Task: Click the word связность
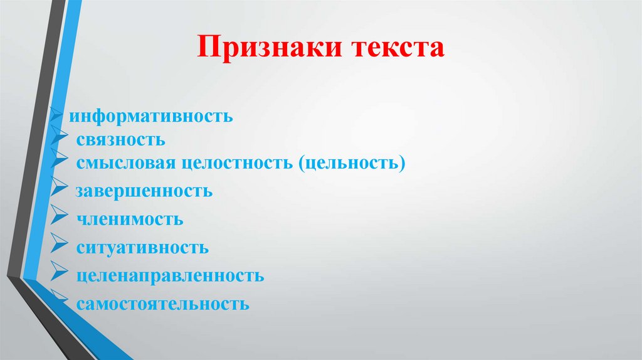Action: tap(121, 139)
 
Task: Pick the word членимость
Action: tap(130, 220)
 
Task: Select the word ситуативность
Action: tap(142, 248)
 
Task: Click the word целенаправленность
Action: tap(170, 276)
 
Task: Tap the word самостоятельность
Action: tap(163, 305)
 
